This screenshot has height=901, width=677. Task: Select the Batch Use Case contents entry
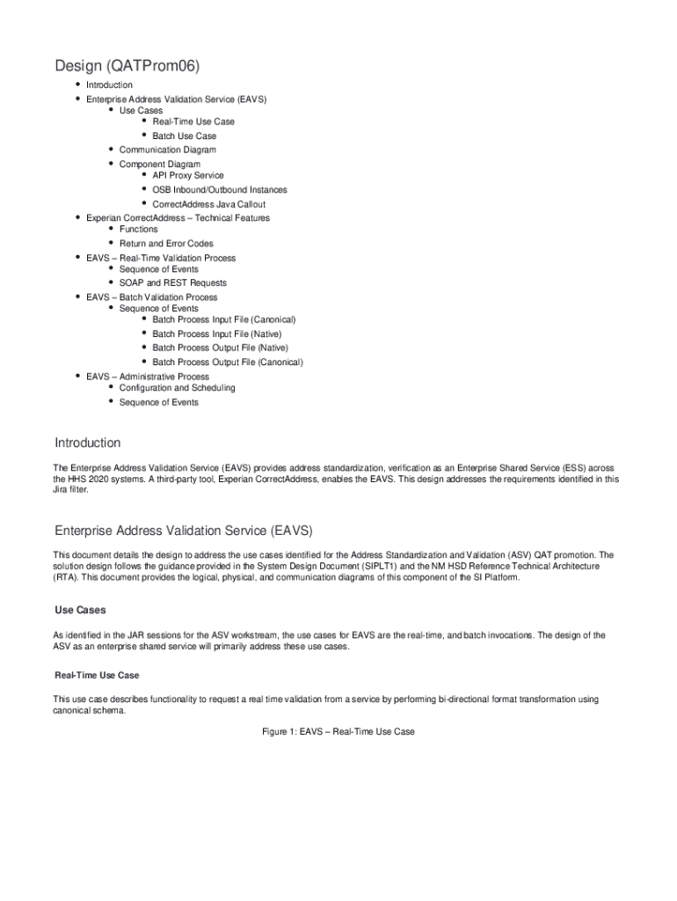[184, 136]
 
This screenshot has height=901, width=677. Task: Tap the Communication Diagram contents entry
[167, 150]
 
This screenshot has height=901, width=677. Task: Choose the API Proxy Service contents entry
[187, 175]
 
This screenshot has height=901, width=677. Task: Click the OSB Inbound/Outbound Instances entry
[219, 190]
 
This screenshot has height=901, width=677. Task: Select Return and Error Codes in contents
[165, 244]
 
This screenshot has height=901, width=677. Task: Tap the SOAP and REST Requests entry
[172, 283]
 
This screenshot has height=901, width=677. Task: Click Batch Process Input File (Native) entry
[216, 334]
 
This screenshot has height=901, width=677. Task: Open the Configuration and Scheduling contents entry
[177, 388]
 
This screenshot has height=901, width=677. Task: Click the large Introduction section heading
[87, 443]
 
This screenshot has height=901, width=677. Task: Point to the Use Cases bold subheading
[80, 610]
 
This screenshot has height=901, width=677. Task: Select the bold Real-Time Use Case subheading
[97, 675]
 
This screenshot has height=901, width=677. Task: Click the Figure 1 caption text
[338, 732]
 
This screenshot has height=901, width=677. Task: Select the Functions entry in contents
[138, 230]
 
